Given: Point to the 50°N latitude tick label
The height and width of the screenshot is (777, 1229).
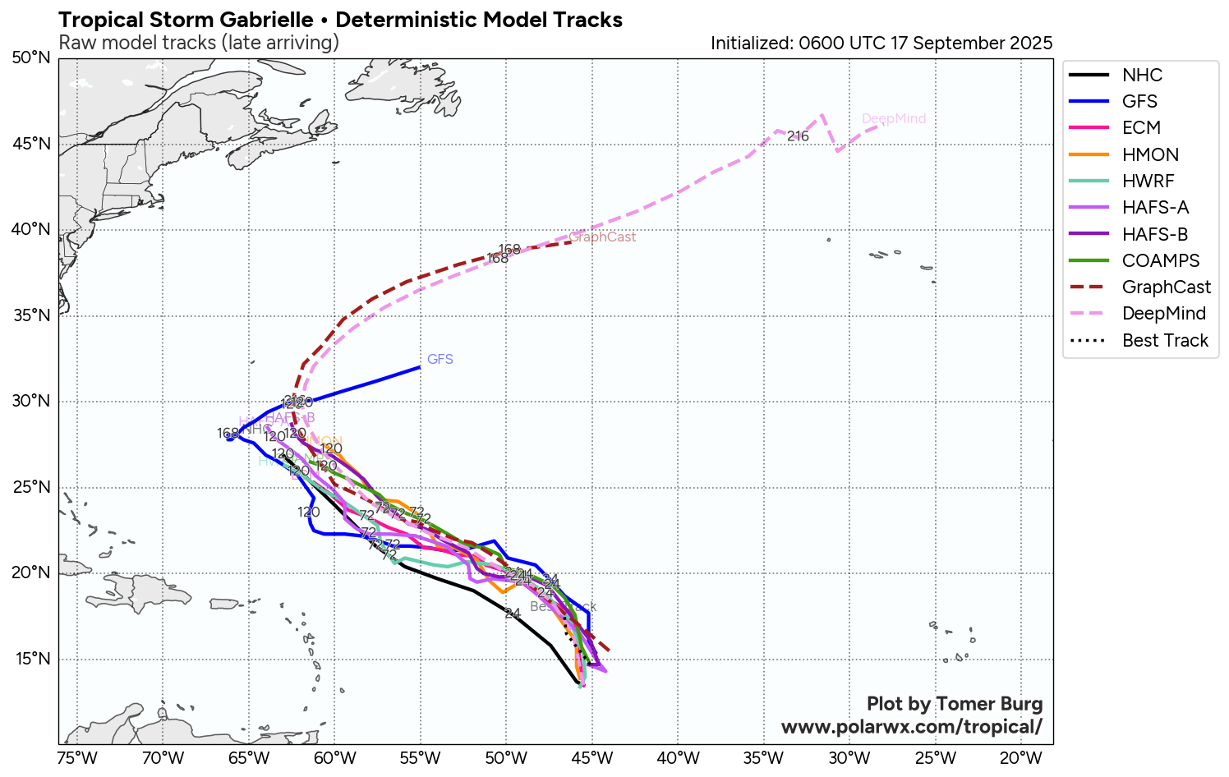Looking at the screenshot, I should (31, 58).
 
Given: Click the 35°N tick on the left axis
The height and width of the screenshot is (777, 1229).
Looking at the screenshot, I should (31, 316).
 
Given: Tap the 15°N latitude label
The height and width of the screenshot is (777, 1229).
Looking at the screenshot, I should (31, 660).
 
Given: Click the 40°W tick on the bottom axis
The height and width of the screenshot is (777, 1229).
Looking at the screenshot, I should (679, 758).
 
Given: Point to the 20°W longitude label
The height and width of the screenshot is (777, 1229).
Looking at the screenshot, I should (1021, 758).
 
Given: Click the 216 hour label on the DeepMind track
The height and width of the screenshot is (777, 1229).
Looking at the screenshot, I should (798, 136).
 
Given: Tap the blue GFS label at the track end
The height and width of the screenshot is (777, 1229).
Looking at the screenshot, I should (440, 360).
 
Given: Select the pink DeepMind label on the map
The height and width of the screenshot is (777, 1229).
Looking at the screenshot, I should (894, 119).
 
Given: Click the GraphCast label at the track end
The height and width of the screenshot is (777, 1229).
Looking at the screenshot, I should (602, 237).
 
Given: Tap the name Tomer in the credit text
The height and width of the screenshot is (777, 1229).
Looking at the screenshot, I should (965, 704).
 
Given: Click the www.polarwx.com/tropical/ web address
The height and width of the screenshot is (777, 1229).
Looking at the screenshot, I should (911, 727).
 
